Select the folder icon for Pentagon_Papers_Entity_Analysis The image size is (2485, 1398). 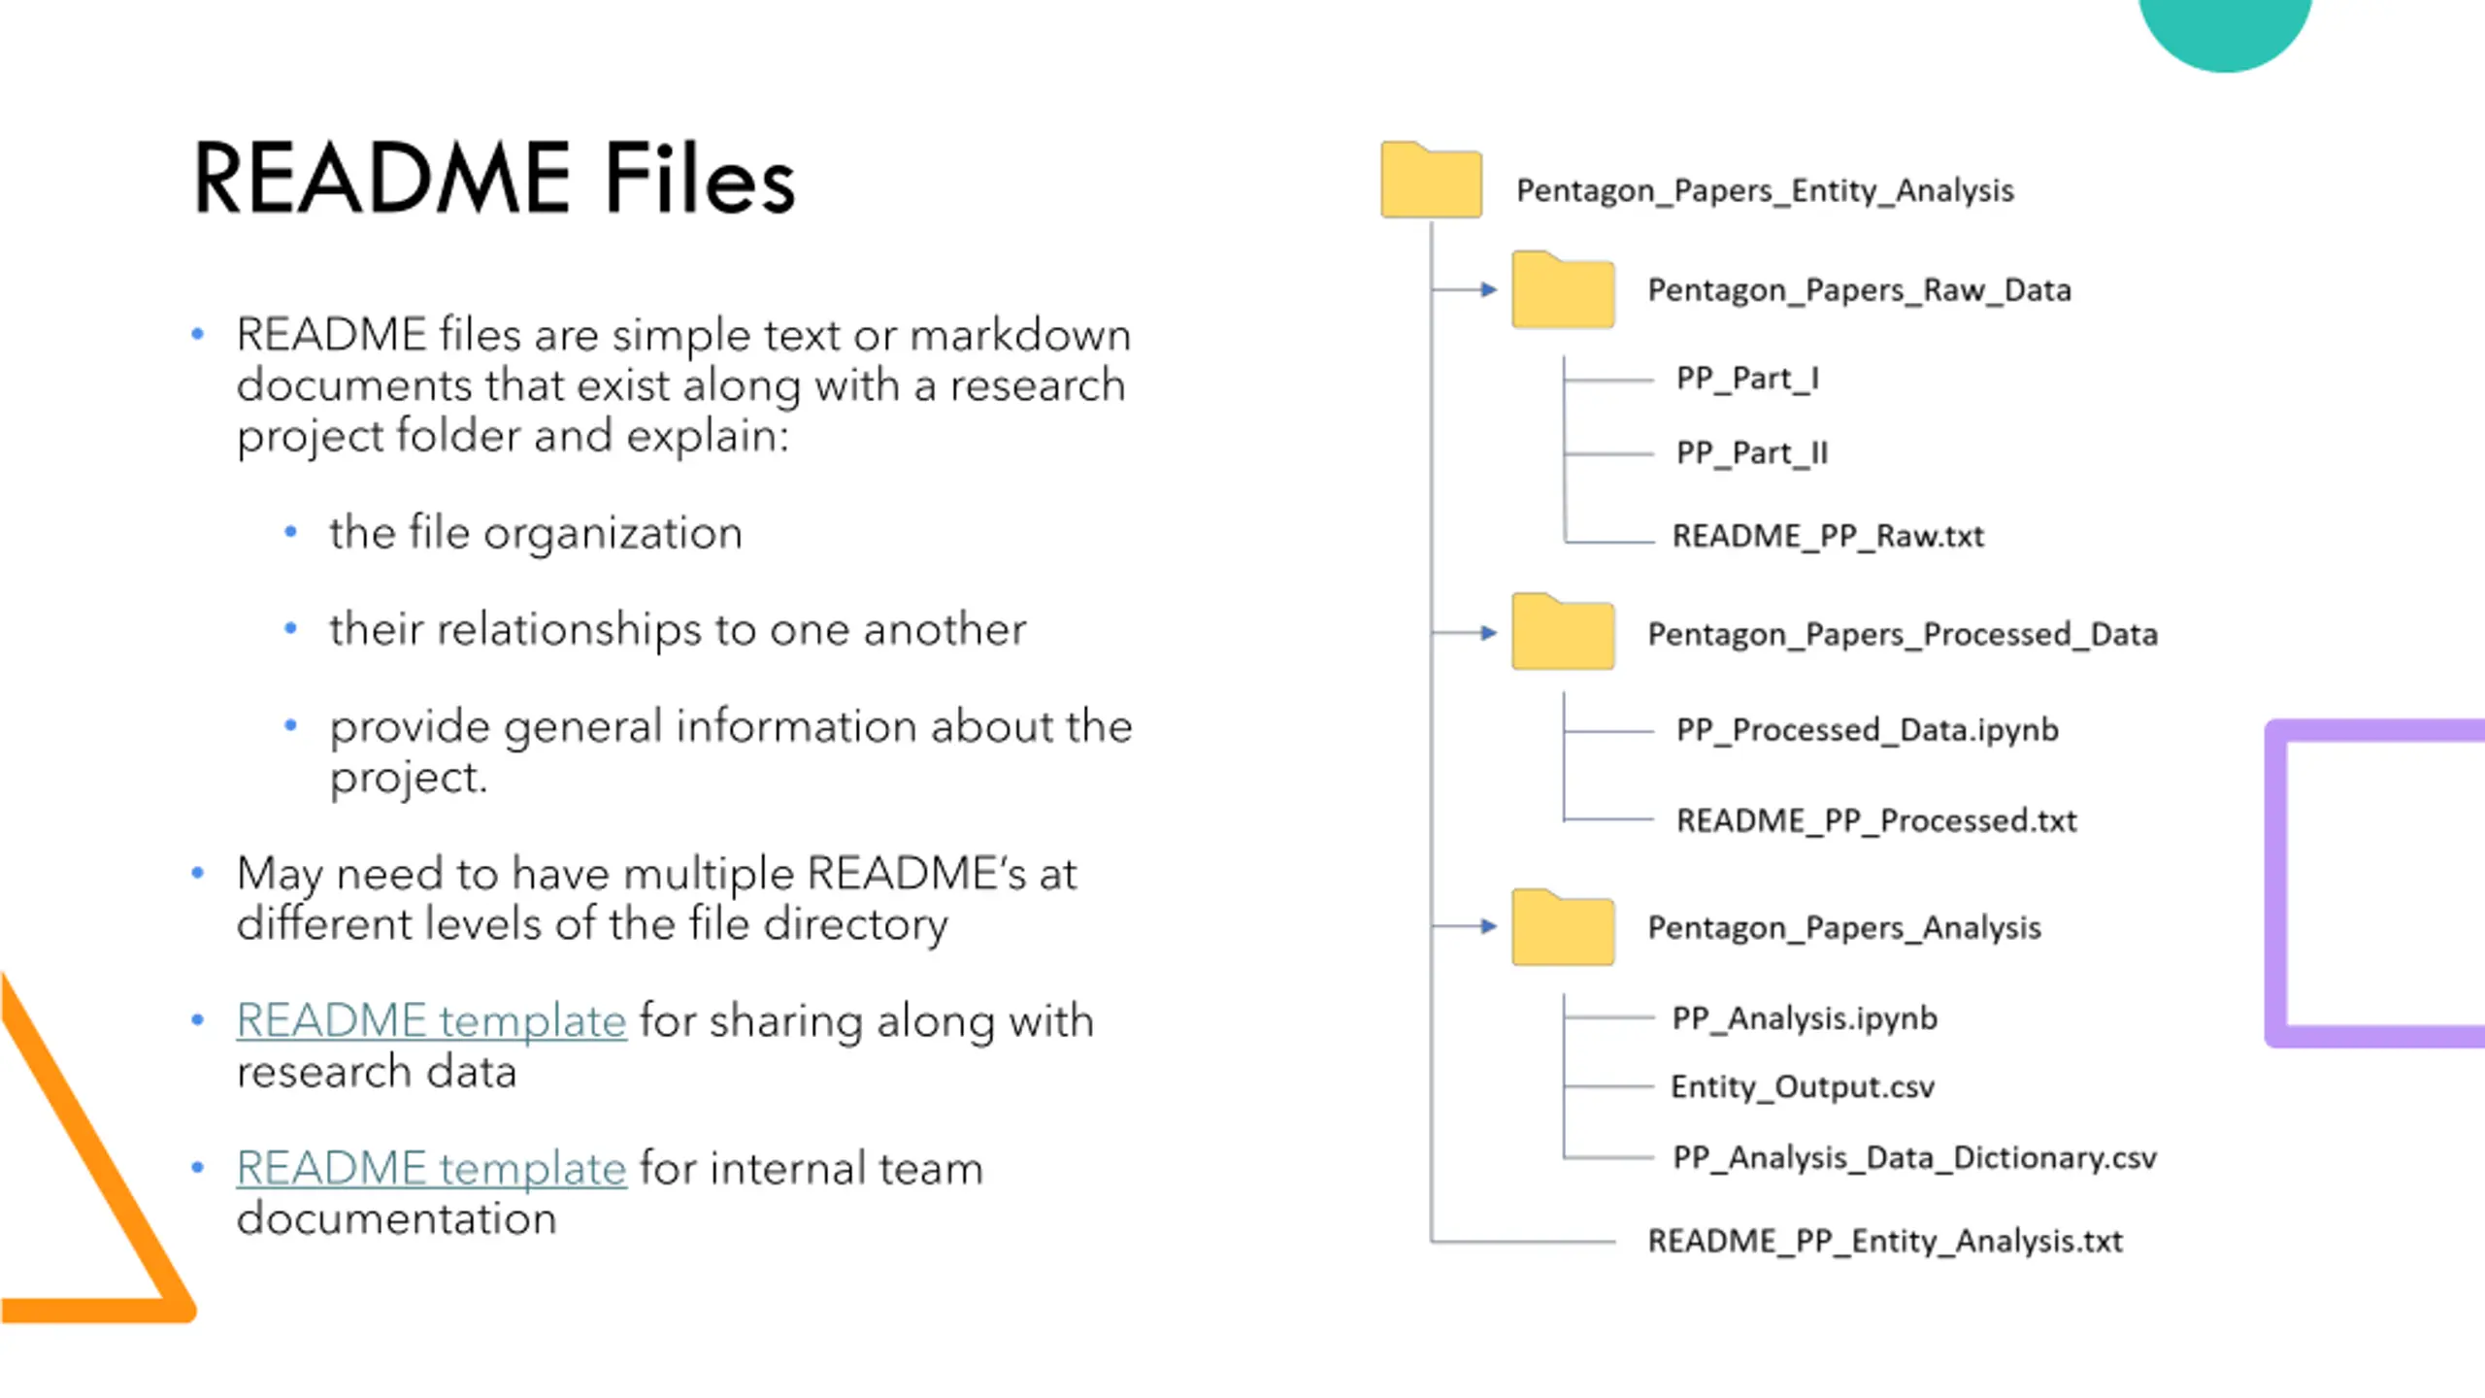[x=1431, y=181]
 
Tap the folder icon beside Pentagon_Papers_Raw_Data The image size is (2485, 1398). [x=1563, y=290]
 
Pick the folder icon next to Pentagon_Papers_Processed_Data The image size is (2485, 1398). [x=1563, y=632]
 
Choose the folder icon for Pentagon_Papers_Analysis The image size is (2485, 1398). [x=1563, y=927]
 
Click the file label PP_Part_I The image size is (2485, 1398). [x=1747, y=378]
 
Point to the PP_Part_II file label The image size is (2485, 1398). [x=1752, y=452]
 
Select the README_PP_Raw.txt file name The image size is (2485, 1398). [x=1828, y=536]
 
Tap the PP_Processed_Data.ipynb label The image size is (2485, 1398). [x=1867, y=730]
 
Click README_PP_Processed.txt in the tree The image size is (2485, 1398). [x=1876, y=821]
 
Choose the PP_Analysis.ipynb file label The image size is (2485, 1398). [x=1805, y=1018]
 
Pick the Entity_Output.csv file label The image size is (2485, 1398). [x=1803, y=1086]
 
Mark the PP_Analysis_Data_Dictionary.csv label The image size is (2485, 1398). [x=1914, y=1158]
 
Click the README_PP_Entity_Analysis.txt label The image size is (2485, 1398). [x=1885, y=1241]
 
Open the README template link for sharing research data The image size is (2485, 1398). [x=432, y=1021]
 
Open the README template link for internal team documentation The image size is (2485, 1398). [x=432, y=1168]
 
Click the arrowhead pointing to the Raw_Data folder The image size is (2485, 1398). [x=1489, y=289]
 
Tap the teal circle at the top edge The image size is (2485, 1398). [x=2225, y=29]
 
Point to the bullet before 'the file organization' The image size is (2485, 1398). [x=290, y=532]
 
